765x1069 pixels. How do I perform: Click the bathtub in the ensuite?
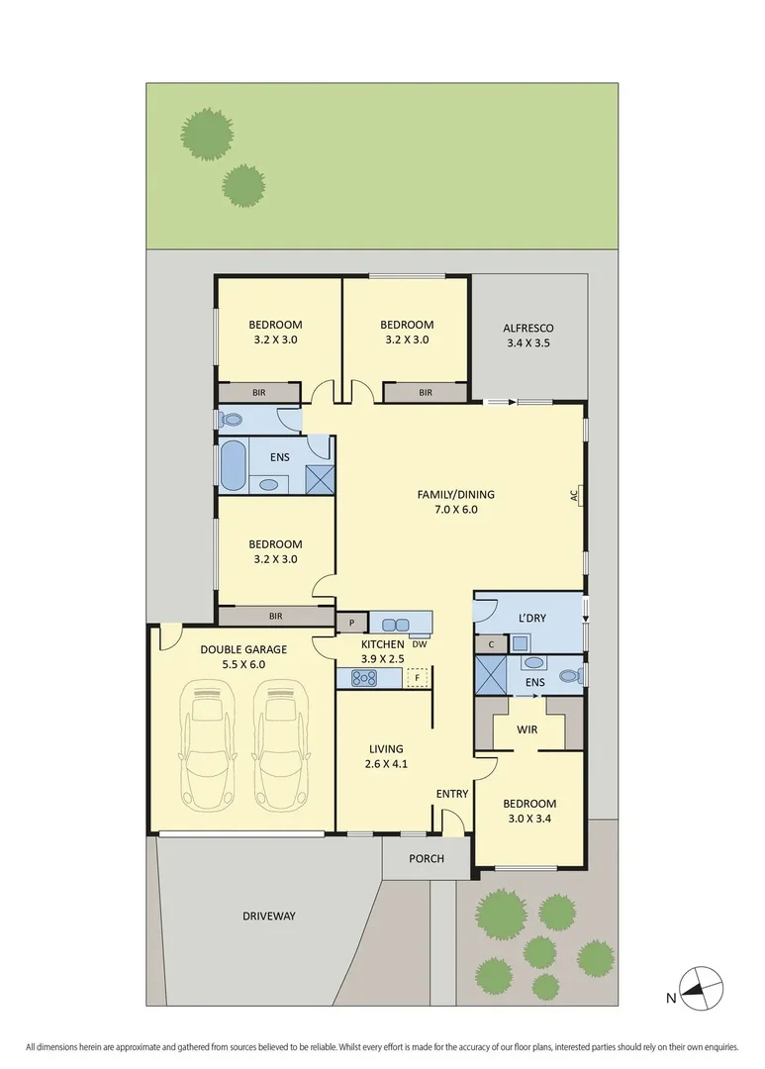pos(233,465)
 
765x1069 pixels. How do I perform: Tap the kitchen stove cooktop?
pos(363,678)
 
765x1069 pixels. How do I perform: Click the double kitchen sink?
pos(396,625)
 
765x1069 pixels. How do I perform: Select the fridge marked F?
pos(418,678)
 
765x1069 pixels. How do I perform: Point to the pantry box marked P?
pos(351,623)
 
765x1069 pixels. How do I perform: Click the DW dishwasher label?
pos(420,643)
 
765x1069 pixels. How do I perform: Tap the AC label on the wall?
pos(573,495)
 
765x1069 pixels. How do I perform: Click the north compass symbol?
pos(702,987)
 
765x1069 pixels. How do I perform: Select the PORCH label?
pos(426,858)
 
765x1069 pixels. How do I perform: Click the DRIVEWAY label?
pos(268,916)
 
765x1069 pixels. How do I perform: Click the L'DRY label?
pos(533,619)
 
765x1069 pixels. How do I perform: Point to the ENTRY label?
pos(452,794)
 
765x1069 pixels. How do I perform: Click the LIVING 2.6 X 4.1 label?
pos(385,756)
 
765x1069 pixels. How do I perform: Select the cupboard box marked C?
pos(491,644)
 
